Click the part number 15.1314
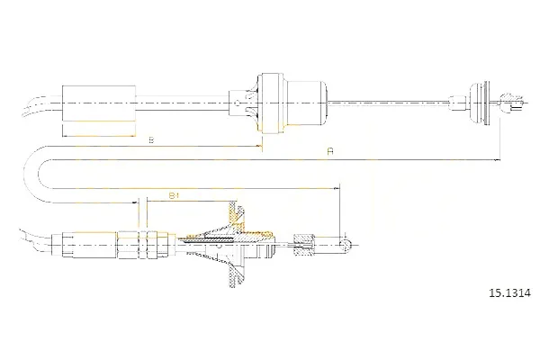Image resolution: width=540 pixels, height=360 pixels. [x=510, y=293]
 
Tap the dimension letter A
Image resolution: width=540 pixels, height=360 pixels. [x=330, y=151]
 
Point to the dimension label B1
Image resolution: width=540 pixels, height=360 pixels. [x=174, y=196]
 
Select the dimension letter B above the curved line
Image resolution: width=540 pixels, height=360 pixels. [x=151, y=139]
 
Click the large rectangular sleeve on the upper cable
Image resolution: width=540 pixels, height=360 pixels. [x=99, y=103]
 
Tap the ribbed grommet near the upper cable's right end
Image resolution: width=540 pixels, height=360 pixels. [x=480, y=103]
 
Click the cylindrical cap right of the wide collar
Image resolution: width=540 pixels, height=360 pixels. [x=307, y=103]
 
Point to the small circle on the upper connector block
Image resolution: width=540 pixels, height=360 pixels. [x=236, y=103]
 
